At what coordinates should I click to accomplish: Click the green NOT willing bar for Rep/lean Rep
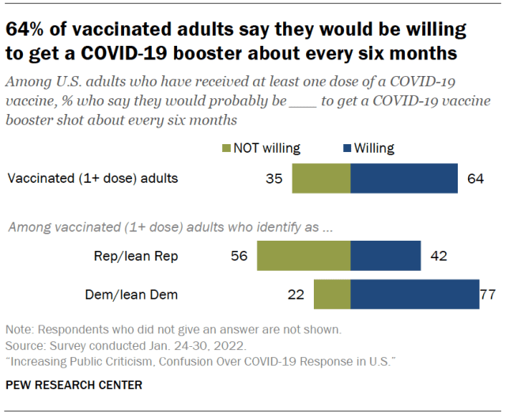(x=304, y=257)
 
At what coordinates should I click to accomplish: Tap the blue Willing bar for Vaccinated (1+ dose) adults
(x=403, y=178)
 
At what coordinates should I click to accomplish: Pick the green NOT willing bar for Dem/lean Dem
(x=332, y=295)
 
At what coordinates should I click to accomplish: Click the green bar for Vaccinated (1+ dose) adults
(x=321, y=178)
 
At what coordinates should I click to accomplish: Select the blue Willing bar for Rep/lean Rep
(x=385, y=257)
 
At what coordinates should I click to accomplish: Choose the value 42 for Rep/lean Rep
(x=439, y=257)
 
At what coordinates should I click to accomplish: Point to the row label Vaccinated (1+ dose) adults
(x=93, y=178)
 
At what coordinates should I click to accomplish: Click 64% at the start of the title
(x=27, y=31)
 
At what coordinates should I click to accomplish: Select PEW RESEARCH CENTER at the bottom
(x=74, y=386)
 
